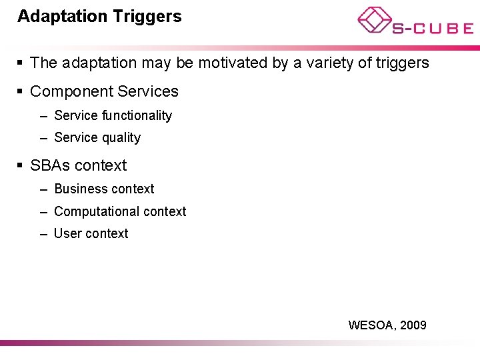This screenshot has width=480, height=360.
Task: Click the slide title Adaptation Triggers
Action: (99, 17)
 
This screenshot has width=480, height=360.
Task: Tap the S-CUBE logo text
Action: (432, 28)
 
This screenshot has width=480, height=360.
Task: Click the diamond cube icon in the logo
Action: (374, 19)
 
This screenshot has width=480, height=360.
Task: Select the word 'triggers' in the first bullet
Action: (403, 63)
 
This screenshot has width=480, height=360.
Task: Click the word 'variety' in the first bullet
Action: (321, 63)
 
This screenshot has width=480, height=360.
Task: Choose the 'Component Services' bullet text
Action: (104, 91)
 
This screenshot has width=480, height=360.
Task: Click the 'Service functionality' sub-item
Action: (113, 116)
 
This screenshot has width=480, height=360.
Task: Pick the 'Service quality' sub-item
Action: (97, 138)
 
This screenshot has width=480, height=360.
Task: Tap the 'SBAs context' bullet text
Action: (78, 165)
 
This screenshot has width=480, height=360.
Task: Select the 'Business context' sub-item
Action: (104, 189)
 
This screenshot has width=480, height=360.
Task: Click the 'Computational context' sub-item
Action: (120, 212)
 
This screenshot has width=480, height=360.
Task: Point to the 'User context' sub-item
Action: (91, 234)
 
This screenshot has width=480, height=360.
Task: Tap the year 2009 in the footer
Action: (414, 325)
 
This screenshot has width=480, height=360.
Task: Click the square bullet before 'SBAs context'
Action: (21, 166)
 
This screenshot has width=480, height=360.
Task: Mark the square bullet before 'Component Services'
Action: (21, 92)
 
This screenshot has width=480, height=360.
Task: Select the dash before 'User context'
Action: (43, 235)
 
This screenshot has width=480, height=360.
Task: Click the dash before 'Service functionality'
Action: (43, 117)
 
